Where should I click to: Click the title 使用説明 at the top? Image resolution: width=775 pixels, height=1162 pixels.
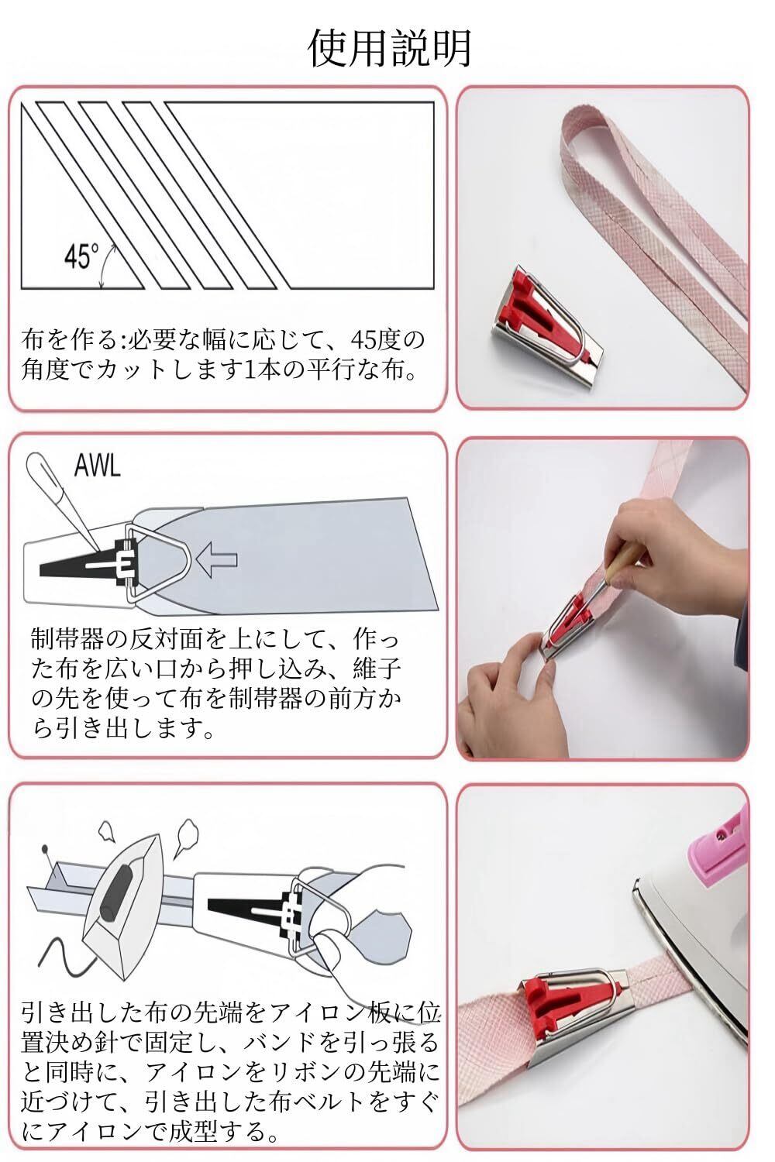[x=389, y=48]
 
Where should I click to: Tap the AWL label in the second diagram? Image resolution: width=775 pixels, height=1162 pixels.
[x=98, y=466]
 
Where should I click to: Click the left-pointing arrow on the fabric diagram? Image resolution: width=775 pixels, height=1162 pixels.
[x=216, y=560]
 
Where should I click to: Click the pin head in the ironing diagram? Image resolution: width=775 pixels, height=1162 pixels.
[x=46, y=848]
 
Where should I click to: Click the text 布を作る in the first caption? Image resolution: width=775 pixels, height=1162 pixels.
[x=68, y=340]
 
